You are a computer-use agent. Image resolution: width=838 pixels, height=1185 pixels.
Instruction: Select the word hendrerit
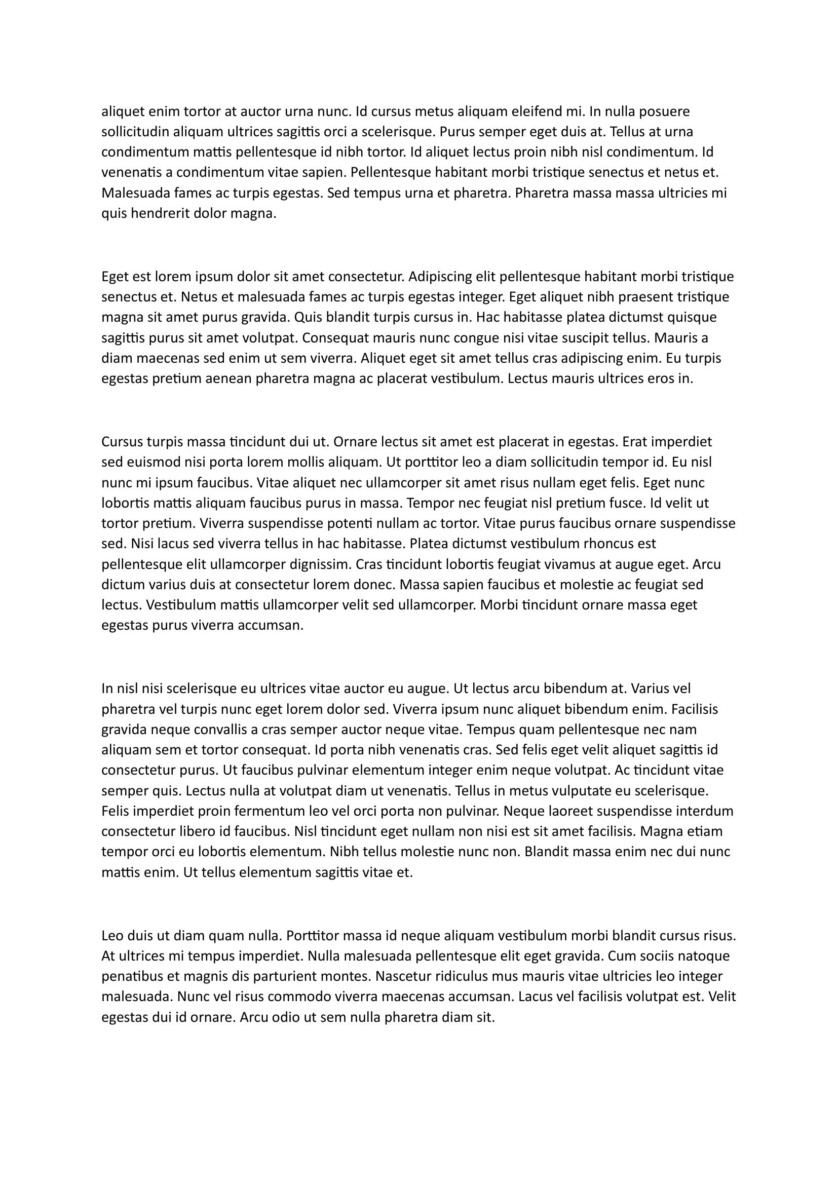click(160, 213)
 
